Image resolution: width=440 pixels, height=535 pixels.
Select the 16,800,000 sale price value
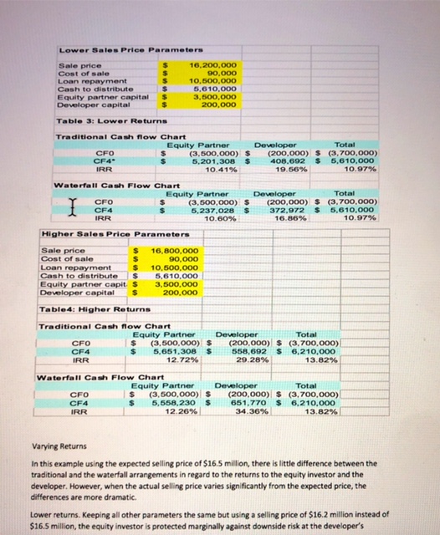[174, 250]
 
